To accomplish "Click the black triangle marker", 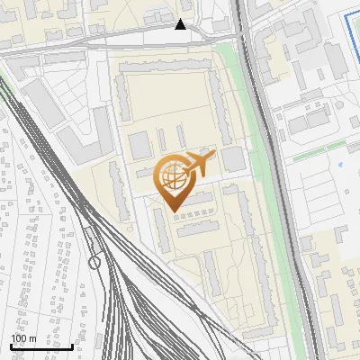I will pyautogui.click(x=181, y=25).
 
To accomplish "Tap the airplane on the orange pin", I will pyautogui.click(x=198, y=166).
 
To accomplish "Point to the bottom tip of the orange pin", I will pyautogui.click(x=171, y=211).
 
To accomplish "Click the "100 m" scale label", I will pyautogui.click(x=22, y=338).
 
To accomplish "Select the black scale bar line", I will pyautogui.click(x=41, y=346).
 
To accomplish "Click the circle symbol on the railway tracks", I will pyautogui.click(x=94, y=262).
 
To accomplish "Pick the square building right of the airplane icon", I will pyautogui.click(x=233, y=160).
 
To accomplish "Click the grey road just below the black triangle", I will pyautogui.click(x=180, y=36).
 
